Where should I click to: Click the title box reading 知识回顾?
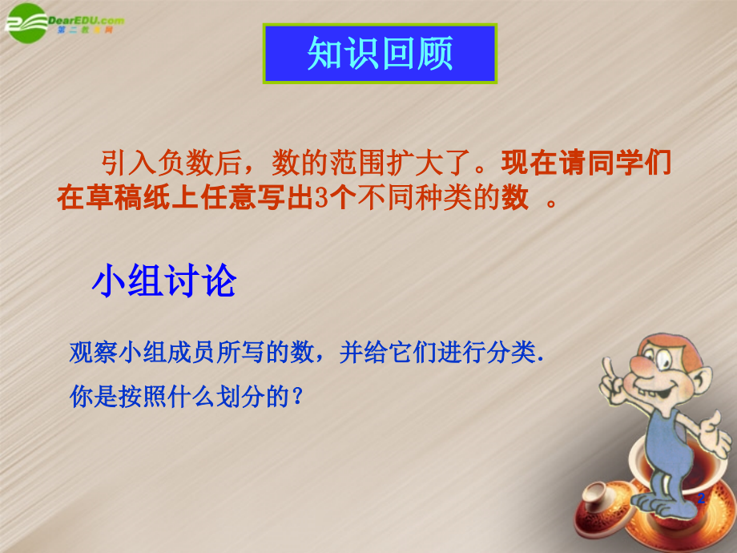coord(381,54)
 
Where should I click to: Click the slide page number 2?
coord(702,499)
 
